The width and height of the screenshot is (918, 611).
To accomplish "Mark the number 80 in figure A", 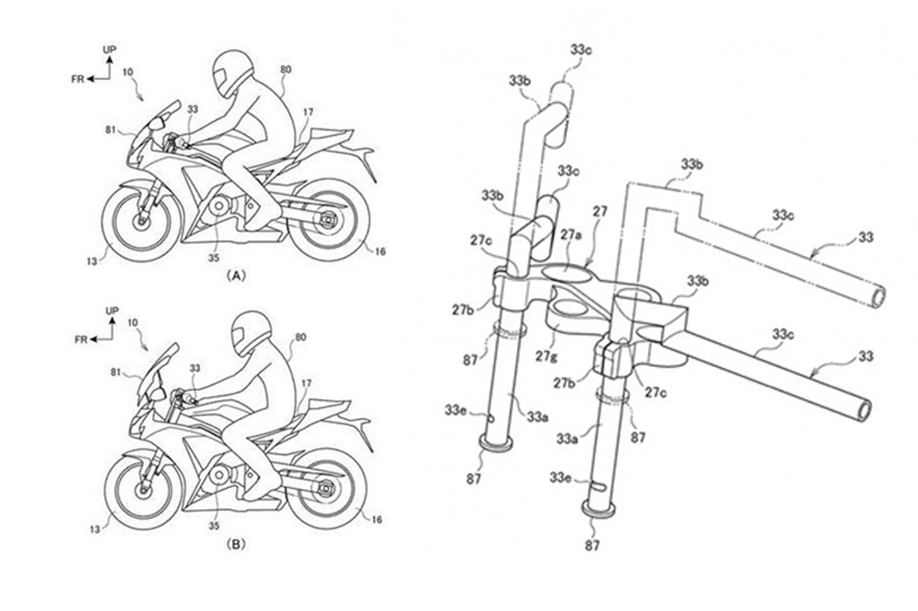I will [x=285, y=68].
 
